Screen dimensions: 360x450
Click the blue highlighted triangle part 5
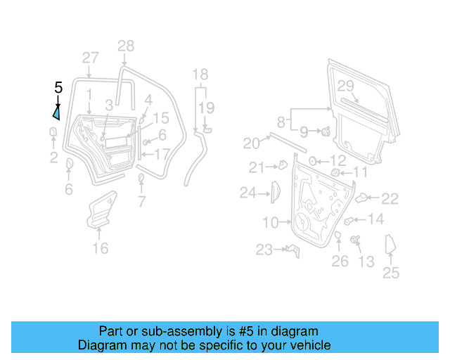point(56,111)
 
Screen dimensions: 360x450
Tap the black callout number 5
point(58,88)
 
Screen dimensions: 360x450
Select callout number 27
point(91,58)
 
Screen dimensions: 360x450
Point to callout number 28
point(125,46)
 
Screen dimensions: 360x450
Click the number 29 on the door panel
point(345,86)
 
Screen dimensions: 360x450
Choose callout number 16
point(101,247)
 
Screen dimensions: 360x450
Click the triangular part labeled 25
point(390,246)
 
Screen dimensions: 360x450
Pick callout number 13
point(366,262)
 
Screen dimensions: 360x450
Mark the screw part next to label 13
point(355,241)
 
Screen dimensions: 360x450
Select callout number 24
point(247,192)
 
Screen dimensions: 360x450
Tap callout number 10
point(271,223)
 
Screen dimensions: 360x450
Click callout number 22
point(390,199)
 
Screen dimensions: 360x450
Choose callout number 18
point(200,75)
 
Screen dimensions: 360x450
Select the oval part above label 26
point(337,236)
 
